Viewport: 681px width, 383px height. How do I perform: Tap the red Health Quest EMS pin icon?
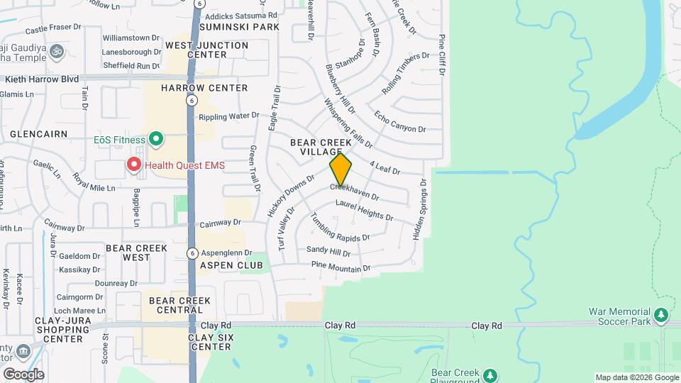click(133, 165)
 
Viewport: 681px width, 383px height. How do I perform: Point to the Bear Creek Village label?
click(321, 148)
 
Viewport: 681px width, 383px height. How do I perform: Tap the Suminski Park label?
click(238, 27)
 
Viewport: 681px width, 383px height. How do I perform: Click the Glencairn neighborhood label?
click(38, 133)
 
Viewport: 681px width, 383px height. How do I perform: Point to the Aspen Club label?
click(231, 265)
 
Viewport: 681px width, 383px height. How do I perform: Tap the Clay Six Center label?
click(211, 342)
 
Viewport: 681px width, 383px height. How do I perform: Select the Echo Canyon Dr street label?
click(399, 122)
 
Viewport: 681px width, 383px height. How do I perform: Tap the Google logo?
click(23, 374)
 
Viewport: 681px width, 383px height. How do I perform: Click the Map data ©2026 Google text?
click(636, 377)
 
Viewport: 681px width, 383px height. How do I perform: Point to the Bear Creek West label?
click(136, 252)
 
